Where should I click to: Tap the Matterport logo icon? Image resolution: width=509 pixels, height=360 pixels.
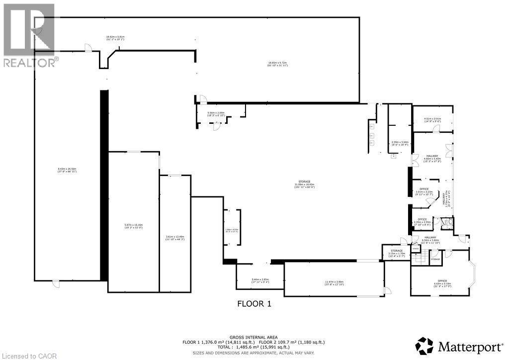(425, 345)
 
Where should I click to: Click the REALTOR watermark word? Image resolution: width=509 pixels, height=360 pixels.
(29, 63)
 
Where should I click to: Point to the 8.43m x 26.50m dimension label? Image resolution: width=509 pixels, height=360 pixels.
(67, 170)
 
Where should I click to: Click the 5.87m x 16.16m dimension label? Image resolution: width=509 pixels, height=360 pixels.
(133, 226)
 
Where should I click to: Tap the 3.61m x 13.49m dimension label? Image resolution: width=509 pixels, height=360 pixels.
(174, 237)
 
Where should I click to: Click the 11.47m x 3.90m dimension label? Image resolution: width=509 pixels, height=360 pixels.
(334, 282)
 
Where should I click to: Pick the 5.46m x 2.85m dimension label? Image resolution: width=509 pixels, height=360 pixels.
(260, 280)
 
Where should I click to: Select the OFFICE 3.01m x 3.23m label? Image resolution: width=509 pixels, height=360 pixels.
(424, 191)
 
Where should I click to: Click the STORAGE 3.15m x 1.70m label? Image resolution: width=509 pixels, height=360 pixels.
(396, 252)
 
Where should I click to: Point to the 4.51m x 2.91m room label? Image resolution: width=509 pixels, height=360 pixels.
(432, 119)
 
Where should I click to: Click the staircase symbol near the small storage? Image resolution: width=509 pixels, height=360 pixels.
(421, 259)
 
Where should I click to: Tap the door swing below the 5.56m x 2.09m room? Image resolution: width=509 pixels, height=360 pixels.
(216, 126)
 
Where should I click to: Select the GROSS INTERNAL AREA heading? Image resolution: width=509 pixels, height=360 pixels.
(254, 337)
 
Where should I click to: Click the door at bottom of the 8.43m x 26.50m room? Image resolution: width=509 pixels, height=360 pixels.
(56, 283)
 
